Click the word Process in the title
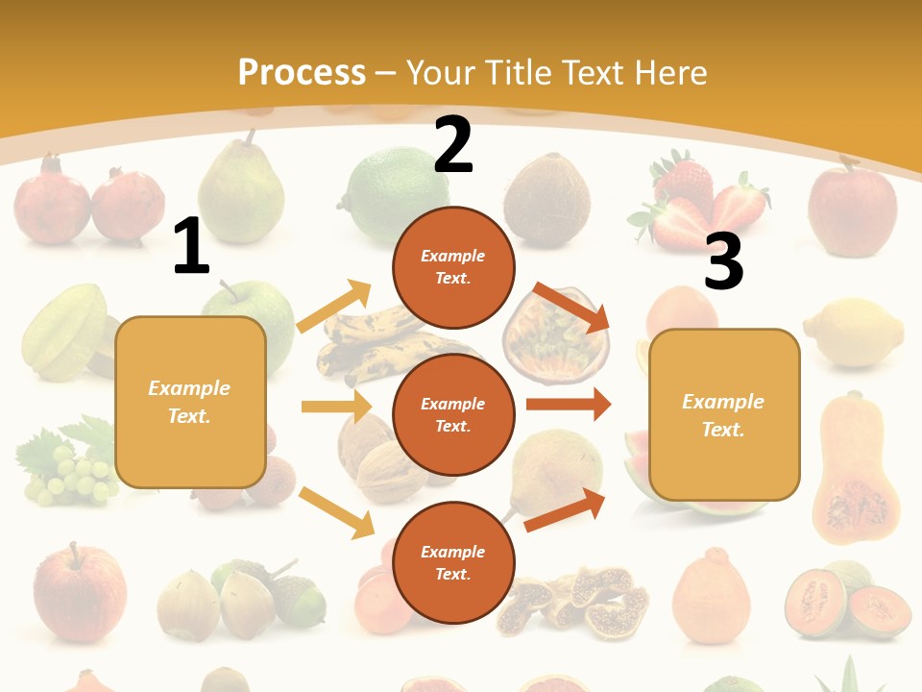coord(302,72)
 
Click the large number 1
coord(191,247)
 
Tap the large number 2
coord(453,146)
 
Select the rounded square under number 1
coord(190,402)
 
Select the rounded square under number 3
coord(724,414)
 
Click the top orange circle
coord(453,267)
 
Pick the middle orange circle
coord(453,414)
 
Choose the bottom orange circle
coord(453,562)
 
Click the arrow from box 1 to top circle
coord(333,308)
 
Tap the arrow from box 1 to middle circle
coord(335,407)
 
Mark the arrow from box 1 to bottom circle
coord(336,512)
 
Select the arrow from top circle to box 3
coord(571,308)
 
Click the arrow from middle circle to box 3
coord(568,405)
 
